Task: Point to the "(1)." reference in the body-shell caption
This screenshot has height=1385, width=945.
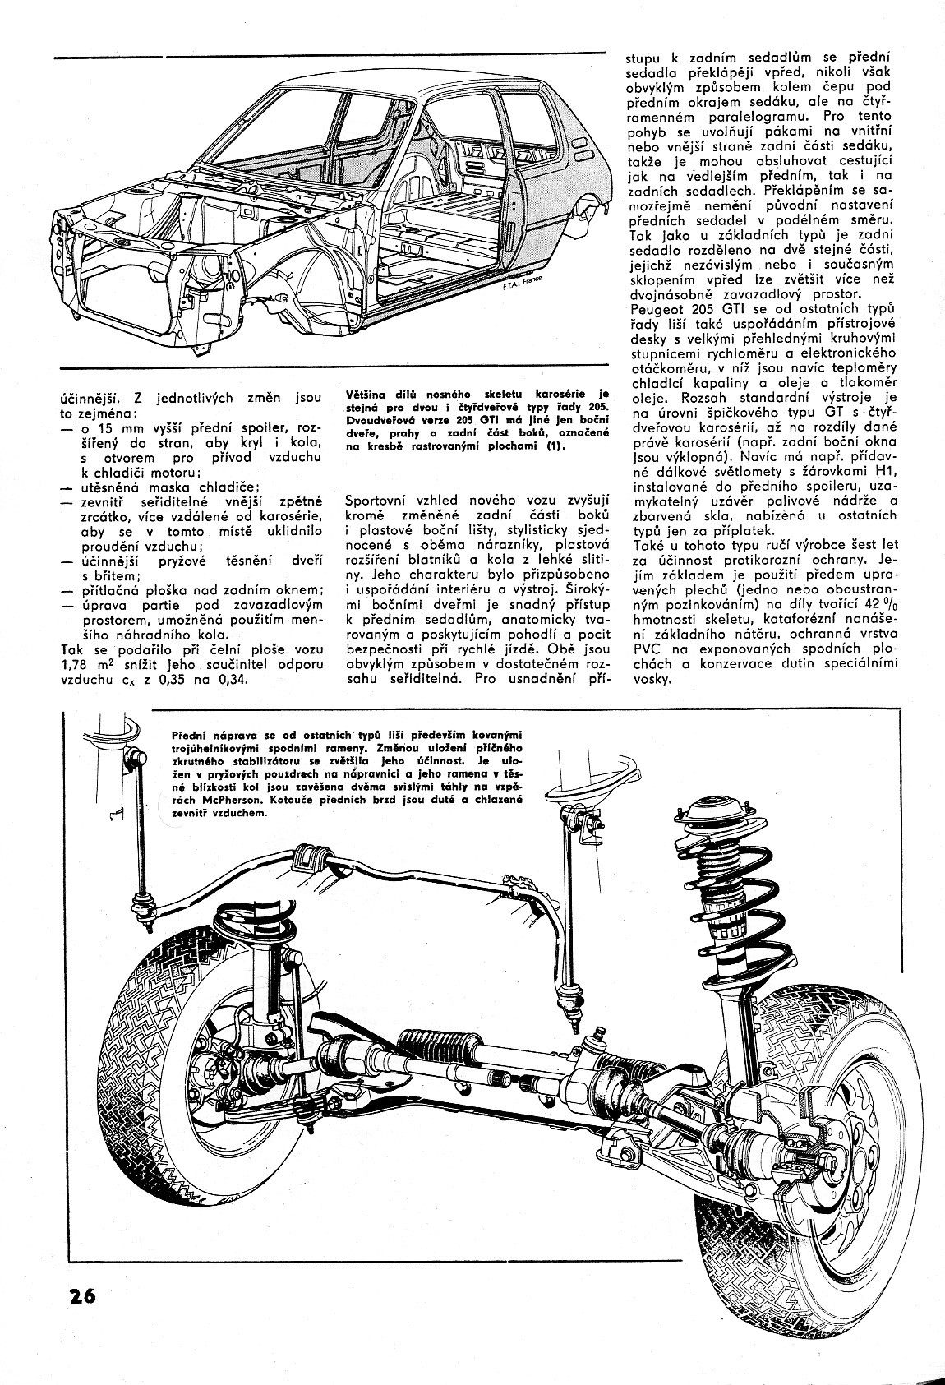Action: (560, 446)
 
